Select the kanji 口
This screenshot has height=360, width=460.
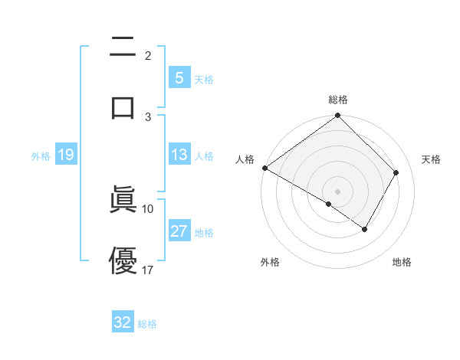tap(123, 106)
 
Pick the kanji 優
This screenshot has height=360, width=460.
tap(123, 260)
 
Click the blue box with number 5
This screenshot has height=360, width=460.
tap(179, 77)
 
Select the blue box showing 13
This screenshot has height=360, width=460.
tap(179, 155)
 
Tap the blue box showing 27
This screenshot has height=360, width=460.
tap(179, 231)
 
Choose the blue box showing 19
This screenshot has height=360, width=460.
tap(65, 155)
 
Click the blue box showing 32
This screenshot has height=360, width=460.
tap(123, 322)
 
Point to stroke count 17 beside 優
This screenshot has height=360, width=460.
tap(148, 270)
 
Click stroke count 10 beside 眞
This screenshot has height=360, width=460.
tap(148, 208)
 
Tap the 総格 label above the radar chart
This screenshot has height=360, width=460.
tap(338, 100)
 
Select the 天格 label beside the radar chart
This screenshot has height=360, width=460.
tap(431, 159)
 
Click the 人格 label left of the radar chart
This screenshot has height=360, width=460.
tap(245, 159)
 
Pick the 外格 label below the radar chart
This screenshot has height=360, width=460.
tap(270, 262)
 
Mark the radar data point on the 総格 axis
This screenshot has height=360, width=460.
tap(338, 116)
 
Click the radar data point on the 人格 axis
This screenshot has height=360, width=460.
tap(264, 168)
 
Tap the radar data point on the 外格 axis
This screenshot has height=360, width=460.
tap(329, 204)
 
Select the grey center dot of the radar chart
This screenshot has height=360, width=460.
tap(338, 191)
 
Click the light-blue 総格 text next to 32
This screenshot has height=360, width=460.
tap(147, 324)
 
